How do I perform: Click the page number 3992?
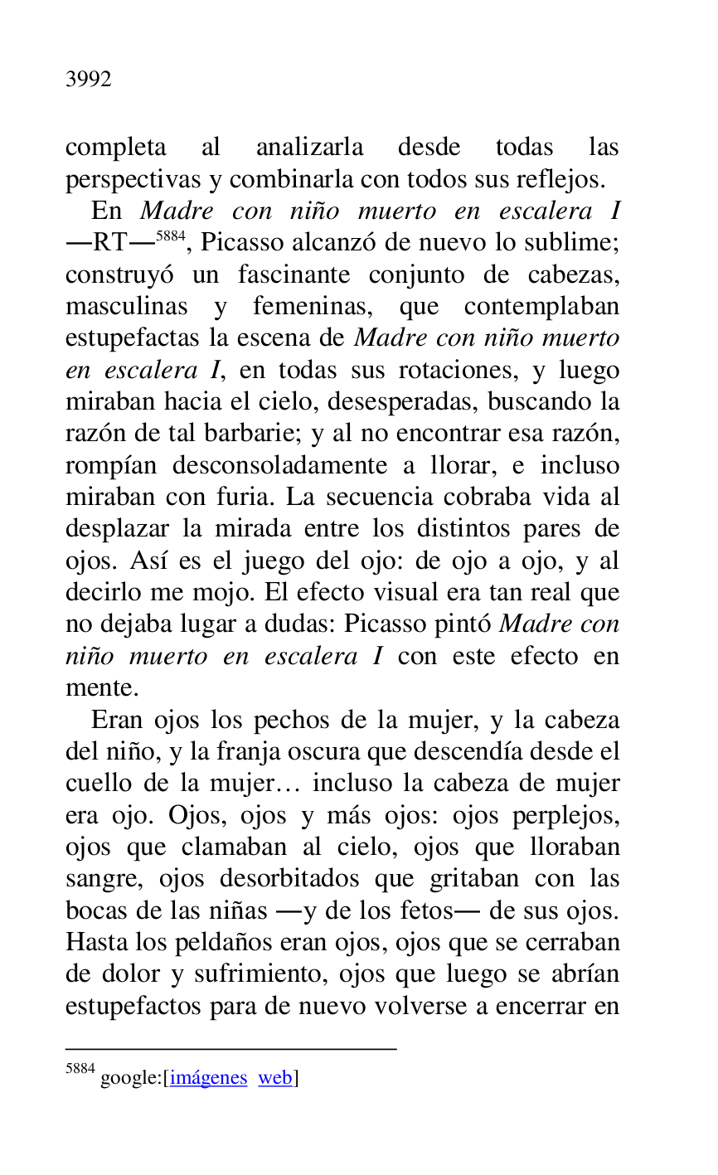(88, 80)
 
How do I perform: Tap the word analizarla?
(309, 148)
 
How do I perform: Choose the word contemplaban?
(541, 307)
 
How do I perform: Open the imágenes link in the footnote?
(209, 1078)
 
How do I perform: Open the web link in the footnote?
(275, 1078)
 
